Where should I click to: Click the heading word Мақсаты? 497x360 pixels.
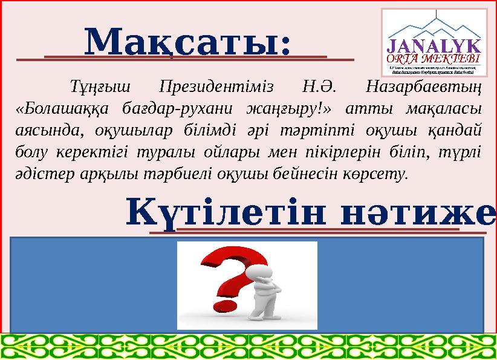pyautogui.click(x=187, y=42)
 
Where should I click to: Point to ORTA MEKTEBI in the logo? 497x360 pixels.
pyautogui.click(x=434, y=58)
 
